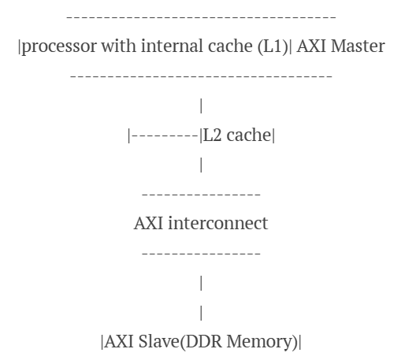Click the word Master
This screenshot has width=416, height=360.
357,46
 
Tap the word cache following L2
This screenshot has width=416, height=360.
248,135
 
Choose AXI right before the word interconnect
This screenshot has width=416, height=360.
148,223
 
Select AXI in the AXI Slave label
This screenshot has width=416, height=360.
117,341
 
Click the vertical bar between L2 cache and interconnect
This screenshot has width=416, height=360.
202,165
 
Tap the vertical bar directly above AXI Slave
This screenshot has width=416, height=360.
202,312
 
